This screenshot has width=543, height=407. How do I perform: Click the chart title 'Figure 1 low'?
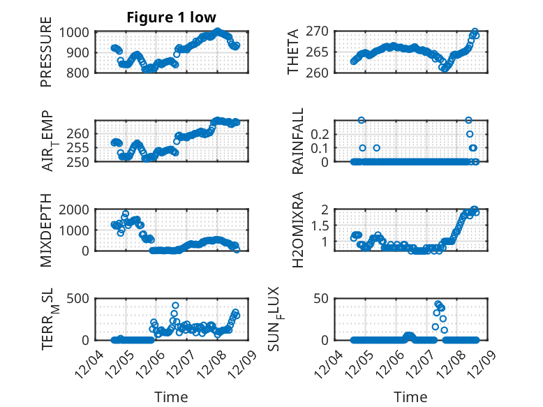(171, 17)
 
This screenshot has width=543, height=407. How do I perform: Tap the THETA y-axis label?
(293, 52)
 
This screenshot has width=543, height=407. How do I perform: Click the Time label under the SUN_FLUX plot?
(410, 397)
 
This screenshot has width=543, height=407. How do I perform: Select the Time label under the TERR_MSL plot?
(171, 397)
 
